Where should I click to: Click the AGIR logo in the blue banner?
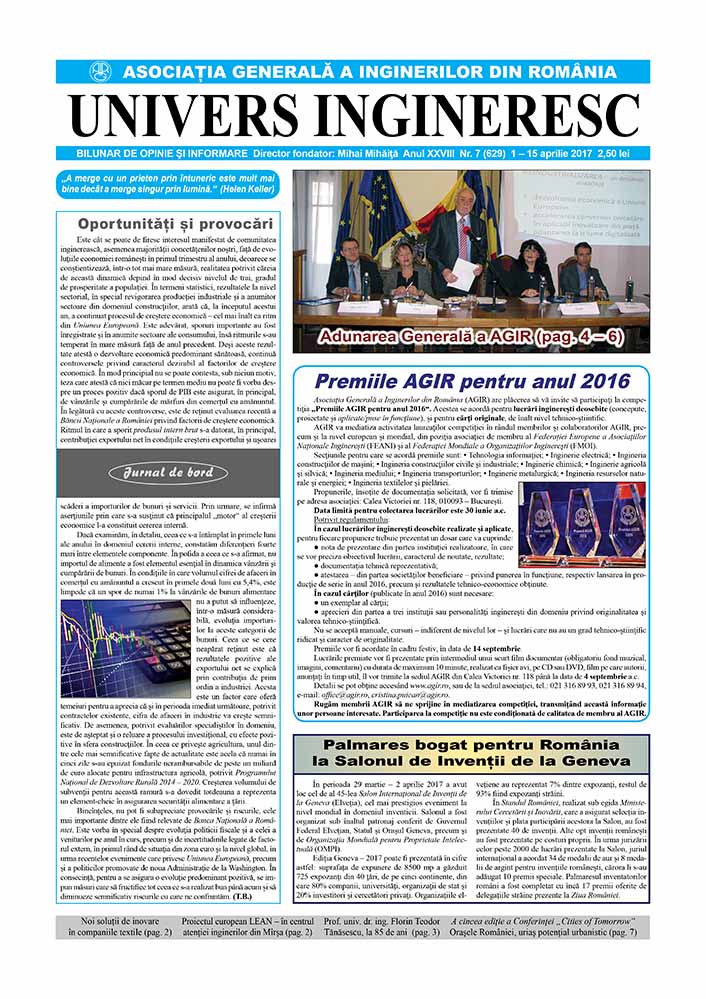coord(100,72)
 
